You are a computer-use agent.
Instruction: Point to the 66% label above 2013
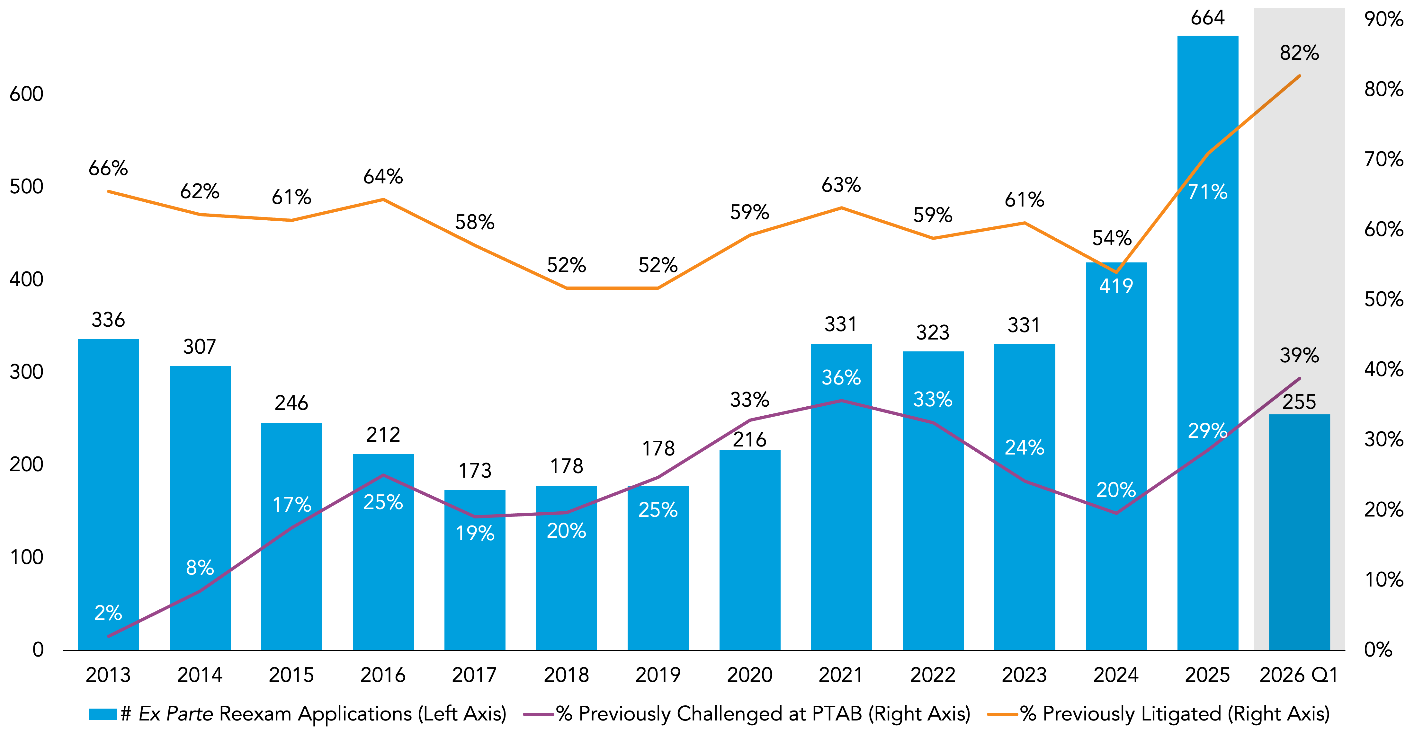coord(108,168)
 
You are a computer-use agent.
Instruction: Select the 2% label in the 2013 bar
coord(108,613)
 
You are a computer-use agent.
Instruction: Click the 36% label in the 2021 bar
coord(841,378)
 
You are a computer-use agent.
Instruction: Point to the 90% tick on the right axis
coord(1383,19)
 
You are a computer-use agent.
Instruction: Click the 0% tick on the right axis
coord(1378,650)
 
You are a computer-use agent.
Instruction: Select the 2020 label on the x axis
coord(749,675)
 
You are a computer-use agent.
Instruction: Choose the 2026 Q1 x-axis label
coord(1299,675)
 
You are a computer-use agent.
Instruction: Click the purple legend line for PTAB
coord(538,714)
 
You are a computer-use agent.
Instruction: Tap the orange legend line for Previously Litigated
coord(1002,714)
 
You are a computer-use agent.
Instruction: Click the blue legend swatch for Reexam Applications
coord(103,714)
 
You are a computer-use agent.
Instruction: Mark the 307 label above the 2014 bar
coord(199,347)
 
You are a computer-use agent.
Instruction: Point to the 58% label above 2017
coord(475,222)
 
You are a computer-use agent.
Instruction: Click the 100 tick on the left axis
coord(26,557)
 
